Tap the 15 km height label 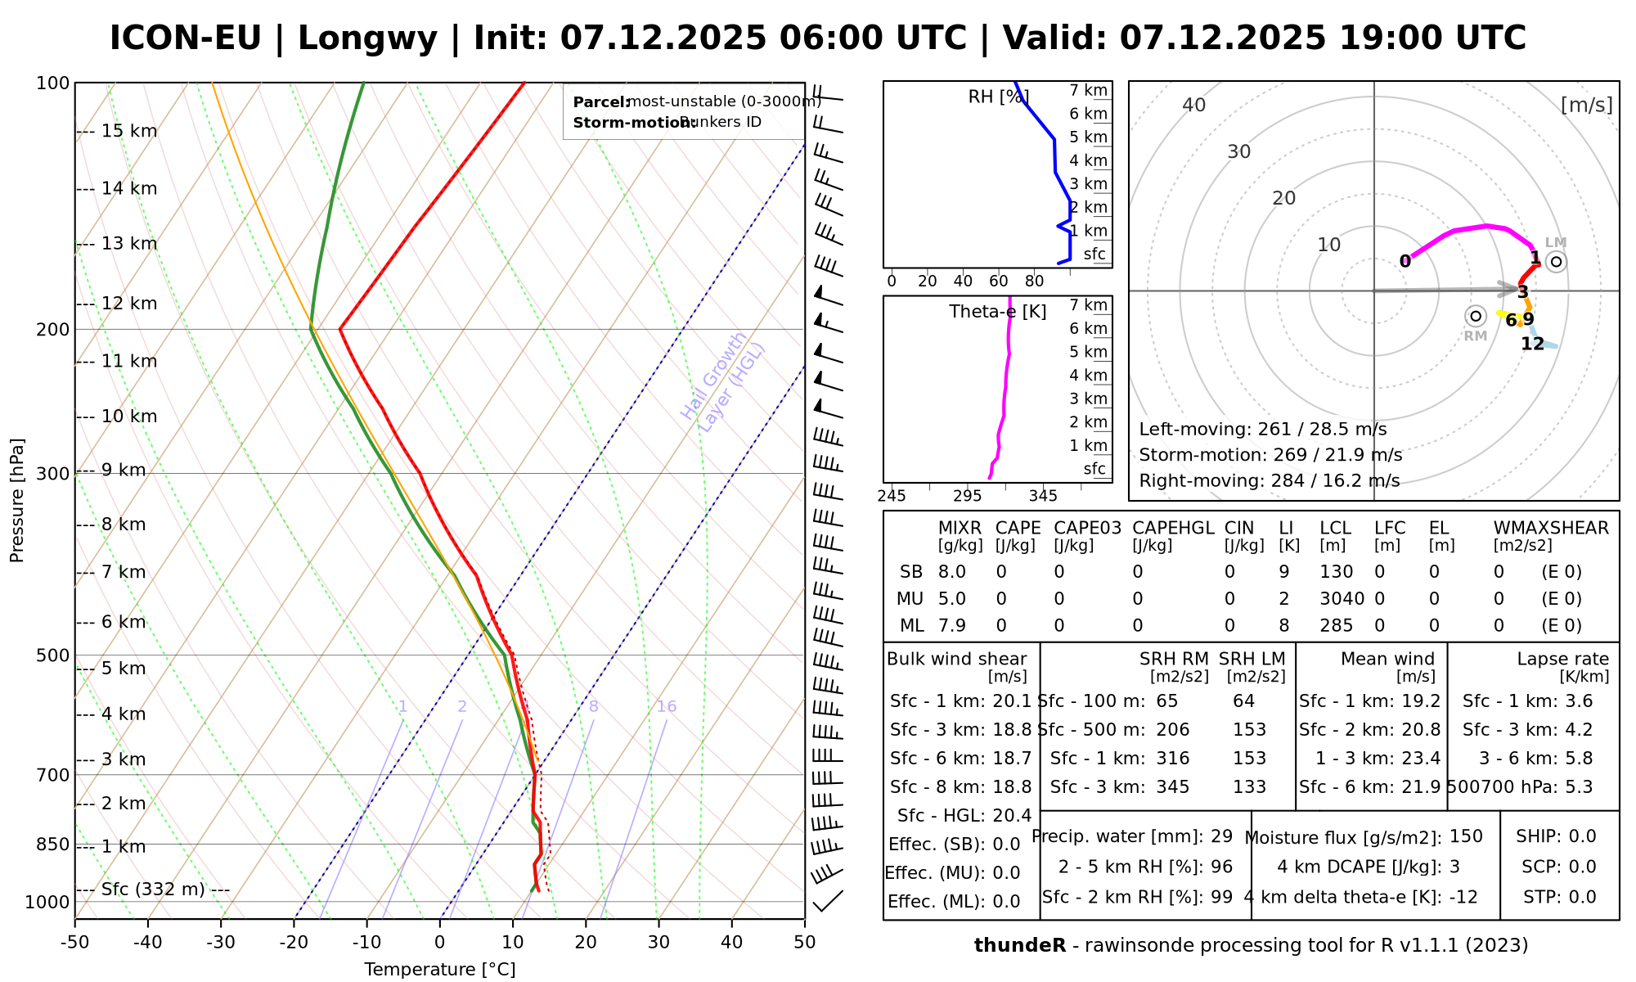pyautogui.click(x=129, y=131)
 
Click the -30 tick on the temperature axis pyautogui.click(x=221, y=942)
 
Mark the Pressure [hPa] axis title pyautogui.click(x=17, y=500)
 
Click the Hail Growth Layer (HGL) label pyautogui.click(x=723, y=383)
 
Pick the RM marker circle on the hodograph pyautogui.click(x=1475, y=316)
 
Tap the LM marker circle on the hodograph pyautogui.click(x=1556, y=262)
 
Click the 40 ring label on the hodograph pyautogui.click(x=1194, y=105)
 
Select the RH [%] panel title pyautogui.click(x=998, y=97)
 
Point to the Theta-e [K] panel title pyautogui.click(x=998, y=312)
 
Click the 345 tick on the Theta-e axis pyautogui.click(x=1043, y=496)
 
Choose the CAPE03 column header pyautogui.click(x=1087, y=528)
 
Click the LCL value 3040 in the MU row pyautogui.click(x=1342, y=598)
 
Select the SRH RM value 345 pyautogui.click(x=1173, y=787)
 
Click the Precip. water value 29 pyautogui.click(x=1221, y=836)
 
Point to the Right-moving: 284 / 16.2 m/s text pyautogui.click(x=1269, y=480)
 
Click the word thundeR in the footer pyautogui.click(x=1019, y=945)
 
